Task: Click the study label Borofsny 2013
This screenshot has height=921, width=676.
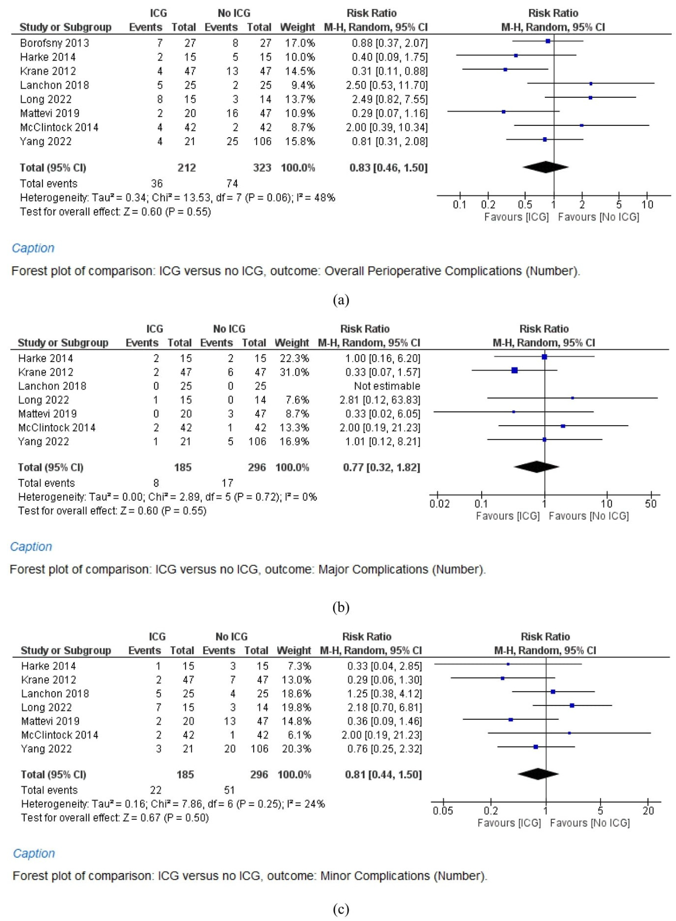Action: click(55, 43)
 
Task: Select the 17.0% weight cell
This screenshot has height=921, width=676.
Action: click(300, 43)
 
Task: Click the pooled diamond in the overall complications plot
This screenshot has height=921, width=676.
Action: click(545, 167)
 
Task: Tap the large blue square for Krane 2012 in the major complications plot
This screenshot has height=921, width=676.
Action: click(515, 370)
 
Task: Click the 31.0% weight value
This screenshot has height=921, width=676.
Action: click(294, 372)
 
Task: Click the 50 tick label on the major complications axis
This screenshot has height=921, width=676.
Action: click(651, 504)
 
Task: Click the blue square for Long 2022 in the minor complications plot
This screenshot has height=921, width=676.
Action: click(572, 705)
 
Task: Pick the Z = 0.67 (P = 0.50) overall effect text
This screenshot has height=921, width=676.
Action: click(164, 817)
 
